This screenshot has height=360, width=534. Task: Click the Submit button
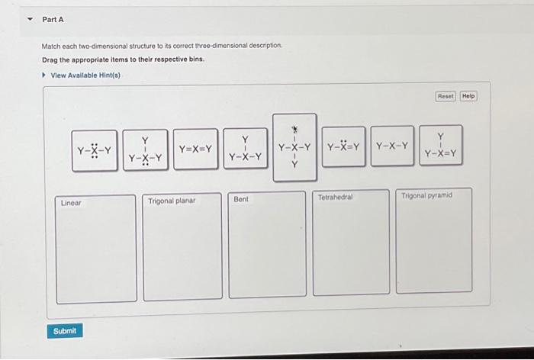[65, 330]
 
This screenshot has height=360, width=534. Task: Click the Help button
[468, 96]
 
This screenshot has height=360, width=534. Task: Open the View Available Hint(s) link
[85, 75]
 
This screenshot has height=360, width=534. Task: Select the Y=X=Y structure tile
[195, 149]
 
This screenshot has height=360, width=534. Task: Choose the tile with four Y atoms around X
[294, 147]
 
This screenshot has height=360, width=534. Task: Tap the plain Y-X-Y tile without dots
[392, 146]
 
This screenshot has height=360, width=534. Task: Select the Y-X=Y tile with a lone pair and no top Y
[343, 146]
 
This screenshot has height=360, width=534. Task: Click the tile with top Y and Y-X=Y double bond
[440, 146]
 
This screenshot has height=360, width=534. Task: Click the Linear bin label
[72, 203]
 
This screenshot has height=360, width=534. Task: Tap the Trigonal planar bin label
[172, 201]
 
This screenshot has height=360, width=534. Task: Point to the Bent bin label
[242, 199]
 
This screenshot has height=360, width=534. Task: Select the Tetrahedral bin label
[336, 197]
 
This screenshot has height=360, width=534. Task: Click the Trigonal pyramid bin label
[426, 195]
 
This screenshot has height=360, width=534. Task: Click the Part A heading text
[53, 18]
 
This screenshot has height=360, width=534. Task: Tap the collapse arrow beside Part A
[29, 18]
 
